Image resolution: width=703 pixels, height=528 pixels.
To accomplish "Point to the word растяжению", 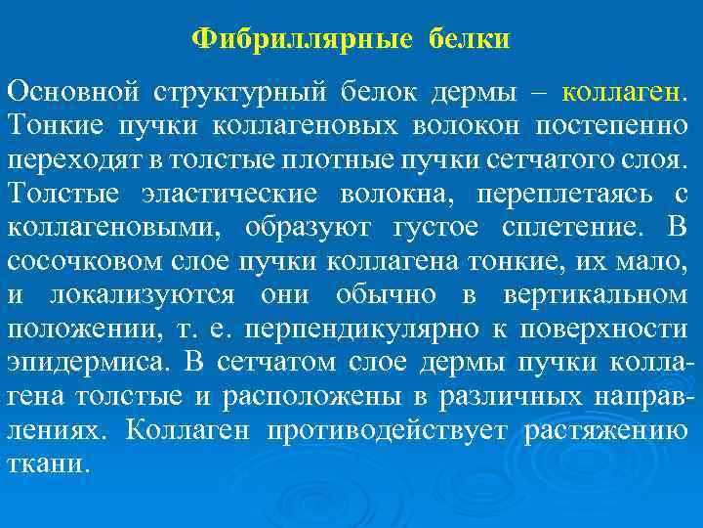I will point(606,430).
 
